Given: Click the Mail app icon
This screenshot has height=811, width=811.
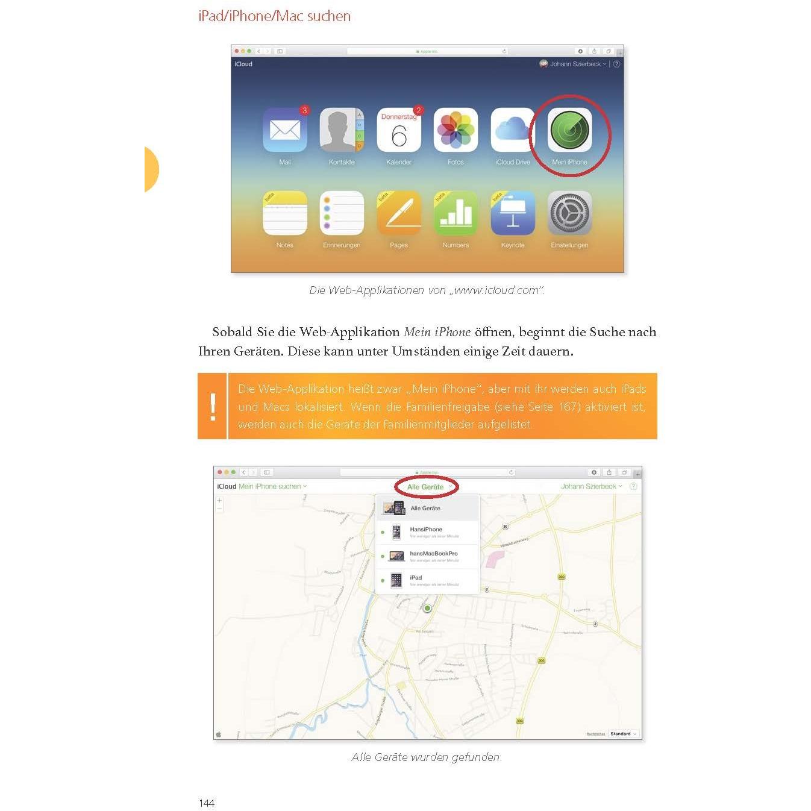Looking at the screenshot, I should click(284, 130).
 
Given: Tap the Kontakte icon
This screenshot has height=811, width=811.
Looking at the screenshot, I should click(342, 130).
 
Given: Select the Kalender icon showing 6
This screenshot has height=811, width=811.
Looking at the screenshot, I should click(398, 131).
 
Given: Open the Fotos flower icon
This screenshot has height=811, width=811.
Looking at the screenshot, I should click(456, 130).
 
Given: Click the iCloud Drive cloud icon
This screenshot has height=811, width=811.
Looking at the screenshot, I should click(512, 130).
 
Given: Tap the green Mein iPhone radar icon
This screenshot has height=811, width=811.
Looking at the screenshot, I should click(569, 130).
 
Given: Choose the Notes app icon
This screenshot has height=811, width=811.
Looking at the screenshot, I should click(284, 213).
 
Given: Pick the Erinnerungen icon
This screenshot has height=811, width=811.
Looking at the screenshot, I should click(342, 213).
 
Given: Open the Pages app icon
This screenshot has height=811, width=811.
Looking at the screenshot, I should click(398, 213).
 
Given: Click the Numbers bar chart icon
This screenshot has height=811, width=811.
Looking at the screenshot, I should click(456, 213).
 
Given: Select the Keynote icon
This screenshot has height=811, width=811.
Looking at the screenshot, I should click(512, 213).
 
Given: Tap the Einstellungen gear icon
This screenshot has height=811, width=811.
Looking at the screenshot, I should click(569, 213).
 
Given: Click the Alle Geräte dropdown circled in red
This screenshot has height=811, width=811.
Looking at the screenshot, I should click(426, 487).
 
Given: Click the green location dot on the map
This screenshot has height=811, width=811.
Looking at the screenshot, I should click(427, 609).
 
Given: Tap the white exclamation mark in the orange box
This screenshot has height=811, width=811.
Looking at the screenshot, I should click(213, 406).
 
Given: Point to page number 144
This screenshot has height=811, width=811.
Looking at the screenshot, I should click(207, 803).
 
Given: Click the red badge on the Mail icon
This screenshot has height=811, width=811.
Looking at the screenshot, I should click(304, 110).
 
